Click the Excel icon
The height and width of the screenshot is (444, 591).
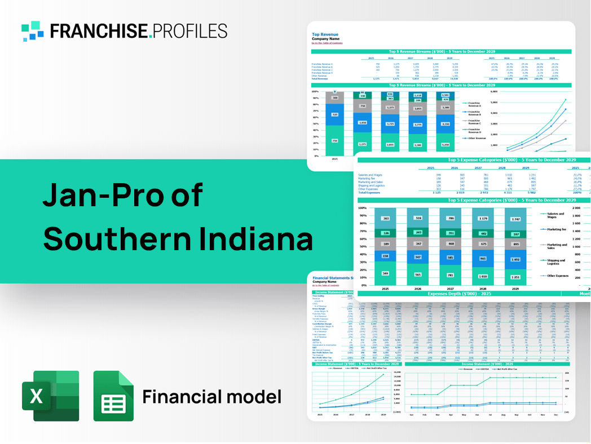[50, 396]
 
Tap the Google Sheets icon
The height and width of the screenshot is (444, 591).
[113, 396]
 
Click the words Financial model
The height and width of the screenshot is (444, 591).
[211, 397]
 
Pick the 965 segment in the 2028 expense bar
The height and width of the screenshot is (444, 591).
[483, 259]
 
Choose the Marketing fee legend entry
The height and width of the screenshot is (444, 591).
[556, 229]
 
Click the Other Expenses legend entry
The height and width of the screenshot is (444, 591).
[557, 276]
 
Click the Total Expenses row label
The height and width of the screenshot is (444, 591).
[370, 193]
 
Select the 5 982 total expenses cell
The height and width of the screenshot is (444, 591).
[524, 193]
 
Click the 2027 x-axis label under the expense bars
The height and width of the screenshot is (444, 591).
[450, 288]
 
